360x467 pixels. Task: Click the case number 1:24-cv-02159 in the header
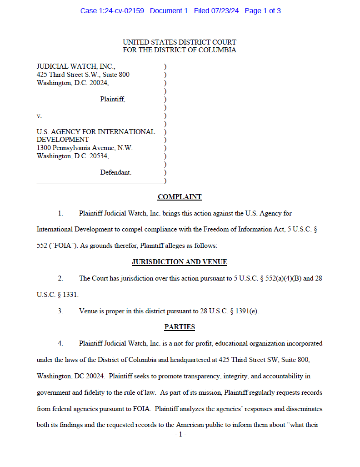coord(121,11)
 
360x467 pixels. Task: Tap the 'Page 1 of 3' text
coord(263,11)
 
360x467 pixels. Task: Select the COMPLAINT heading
coord(180,197)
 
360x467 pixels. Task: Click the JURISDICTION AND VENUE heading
coord(180,262)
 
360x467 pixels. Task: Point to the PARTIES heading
coord(180,327)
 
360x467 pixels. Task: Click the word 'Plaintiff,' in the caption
coord(113,99)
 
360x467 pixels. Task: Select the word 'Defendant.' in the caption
coord(116,172)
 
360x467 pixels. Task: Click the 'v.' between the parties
coord(39,115)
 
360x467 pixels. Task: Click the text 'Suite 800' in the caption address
coord(115,75)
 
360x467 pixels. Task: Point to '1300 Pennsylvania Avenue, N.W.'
coord(85,148)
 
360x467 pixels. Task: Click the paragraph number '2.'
coord(60,278)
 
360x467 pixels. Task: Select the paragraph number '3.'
coord(60,311)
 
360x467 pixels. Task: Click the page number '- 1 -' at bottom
coord(180,435)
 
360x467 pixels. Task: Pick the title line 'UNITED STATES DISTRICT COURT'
coord(180,42)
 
